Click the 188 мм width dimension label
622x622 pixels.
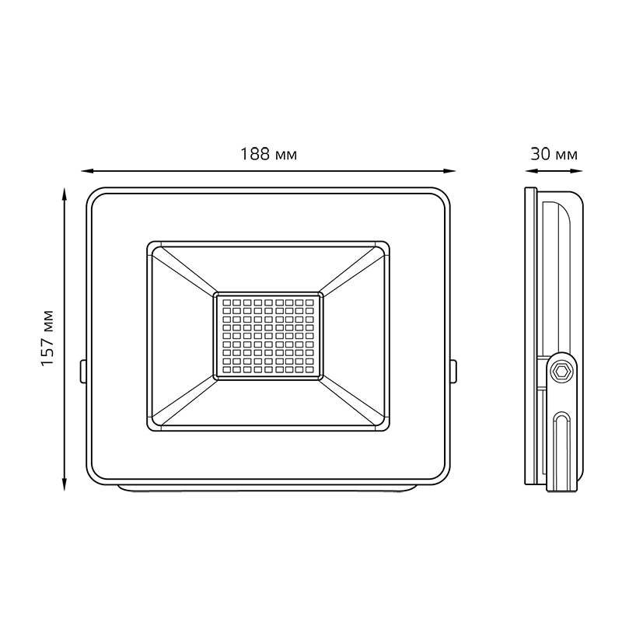point(268,154)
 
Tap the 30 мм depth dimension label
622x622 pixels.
point(554,154)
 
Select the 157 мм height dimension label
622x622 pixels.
point(47,338)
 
